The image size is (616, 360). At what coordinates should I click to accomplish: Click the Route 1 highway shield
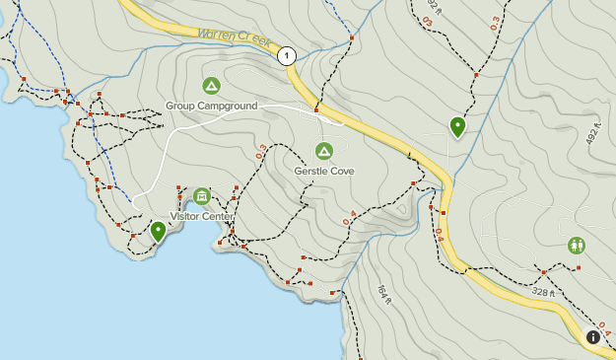coord(287,56)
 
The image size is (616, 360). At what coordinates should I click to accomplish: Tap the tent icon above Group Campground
coord(211,86)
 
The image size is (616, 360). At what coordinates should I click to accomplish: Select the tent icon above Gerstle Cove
coord(323,151)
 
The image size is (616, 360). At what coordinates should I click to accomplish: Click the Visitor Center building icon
coord(202,196)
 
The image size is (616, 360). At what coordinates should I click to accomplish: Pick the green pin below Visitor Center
coord(158,231)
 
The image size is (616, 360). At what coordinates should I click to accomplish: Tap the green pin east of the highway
coord(457,125)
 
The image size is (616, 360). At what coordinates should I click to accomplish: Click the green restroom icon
coord(577,246)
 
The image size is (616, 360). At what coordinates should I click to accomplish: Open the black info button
coord(593,336)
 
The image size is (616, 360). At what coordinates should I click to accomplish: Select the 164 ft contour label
coord(385,293)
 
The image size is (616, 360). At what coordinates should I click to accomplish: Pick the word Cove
coord(342,171)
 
